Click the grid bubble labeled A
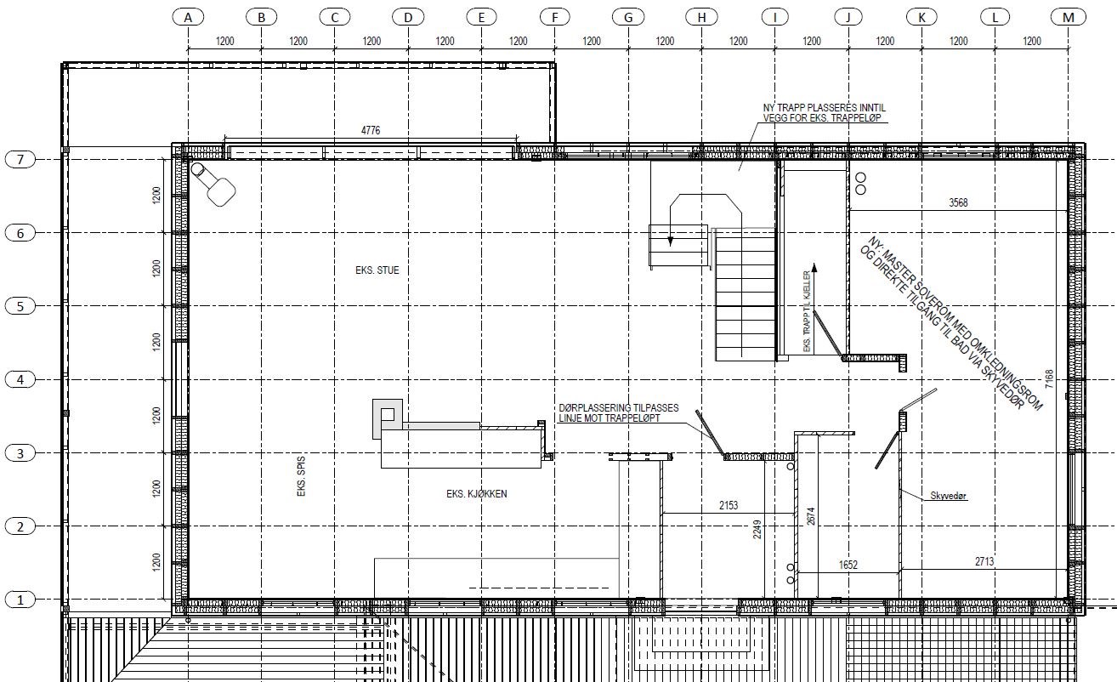point(188,18)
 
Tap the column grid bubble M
point(1069,18)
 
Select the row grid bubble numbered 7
point(20,160)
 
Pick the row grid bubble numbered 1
point(20,600)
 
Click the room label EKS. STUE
point(377,270)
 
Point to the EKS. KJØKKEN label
point(477,494)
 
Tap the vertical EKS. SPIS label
point(301,476)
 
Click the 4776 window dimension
point(371,130)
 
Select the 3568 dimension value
point(958,202)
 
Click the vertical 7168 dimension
point(1049,379)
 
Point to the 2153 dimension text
point(728,505)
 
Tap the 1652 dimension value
point(848,565)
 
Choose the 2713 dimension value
point(984,562)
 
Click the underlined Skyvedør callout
point(949,496)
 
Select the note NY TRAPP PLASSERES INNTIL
point(825,108)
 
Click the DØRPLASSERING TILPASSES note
point(618,408)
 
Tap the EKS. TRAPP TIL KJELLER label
point(807,311)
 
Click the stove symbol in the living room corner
point(213,184)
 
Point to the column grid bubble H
point(701,18)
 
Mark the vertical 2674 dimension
point(811,516)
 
